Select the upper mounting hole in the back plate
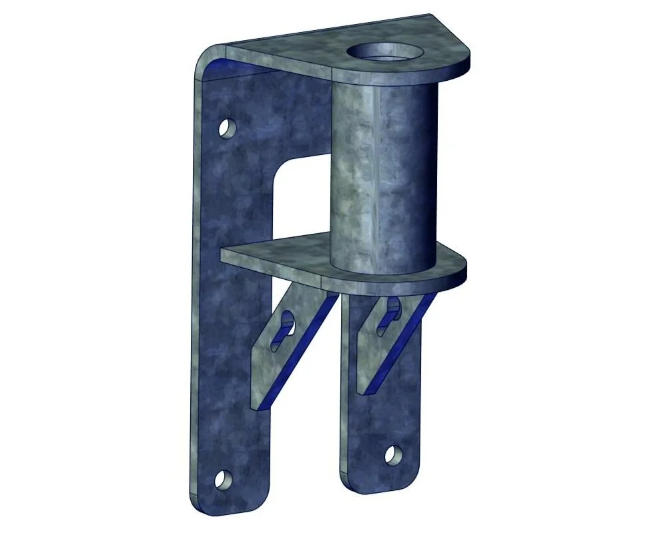coord(227,127)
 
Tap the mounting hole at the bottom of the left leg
coord(223,479)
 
